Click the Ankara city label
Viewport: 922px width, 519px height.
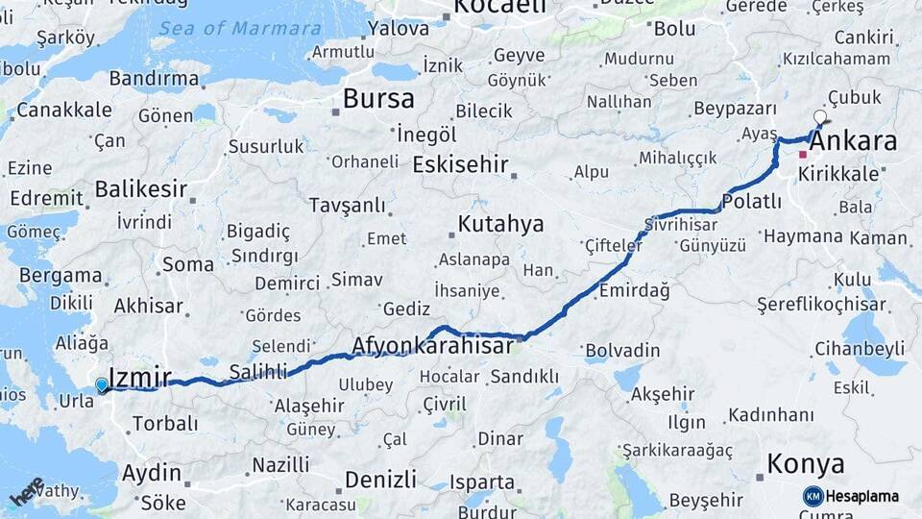click(854, 142)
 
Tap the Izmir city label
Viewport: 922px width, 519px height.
click(140, 378)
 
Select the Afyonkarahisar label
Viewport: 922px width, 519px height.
click(432, 345)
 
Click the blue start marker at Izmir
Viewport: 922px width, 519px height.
click(102, 385)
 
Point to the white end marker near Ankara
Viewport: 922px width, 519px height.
click(819, 117)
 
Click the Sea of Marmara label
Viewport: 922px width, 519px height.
click(240, 28)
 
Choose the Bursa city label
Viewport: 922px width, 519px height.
click(378, 98)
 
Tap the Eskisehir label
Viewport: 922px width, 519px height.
click(460, 164)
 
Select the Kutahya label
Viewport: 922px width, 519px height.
click(500, 224)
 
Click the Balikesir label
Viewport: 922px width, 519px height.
click(140, 188)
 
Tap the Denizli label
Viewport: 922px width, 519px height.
click(380, 479)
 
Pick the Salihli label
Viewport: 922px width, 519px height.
click(258, 372)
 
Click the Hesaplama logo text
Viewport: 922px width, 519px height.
click(864, 496)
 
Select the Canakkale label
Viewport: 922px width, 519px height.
click(64, 110)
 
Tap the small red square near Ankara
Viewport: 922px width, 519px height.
click(802, 154)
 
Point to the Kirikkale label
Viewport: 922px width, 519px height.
click(839, 174)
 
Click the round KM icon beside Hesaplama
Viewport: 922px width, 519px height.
click(813, 496)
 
